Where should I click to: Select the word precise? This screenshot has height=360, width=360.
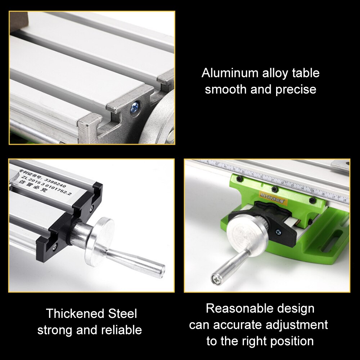296,89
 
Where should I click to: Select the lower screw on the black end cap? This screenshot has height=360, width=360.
55,247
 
